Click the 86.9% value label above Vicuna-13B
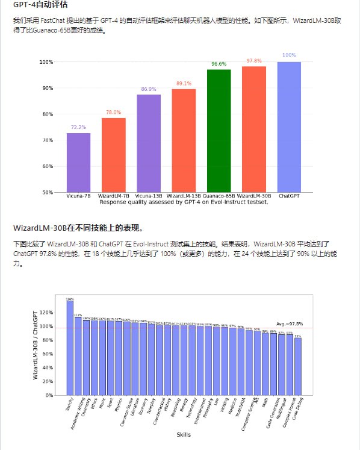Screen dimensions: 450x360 point(148,89)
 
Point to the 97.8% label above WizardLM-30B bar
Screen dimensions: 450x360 point(254,61)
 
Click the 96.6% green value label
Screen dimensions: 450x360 point(219,64)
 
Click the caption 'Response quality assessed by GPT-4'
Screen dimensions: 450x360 point(184,202)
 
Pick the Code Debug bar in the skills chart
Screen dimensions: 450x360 point(298,367)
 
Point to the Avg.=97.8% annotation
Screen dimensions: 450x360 point(290,324)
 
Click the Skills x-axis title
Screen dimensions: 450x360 point(184,434)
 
